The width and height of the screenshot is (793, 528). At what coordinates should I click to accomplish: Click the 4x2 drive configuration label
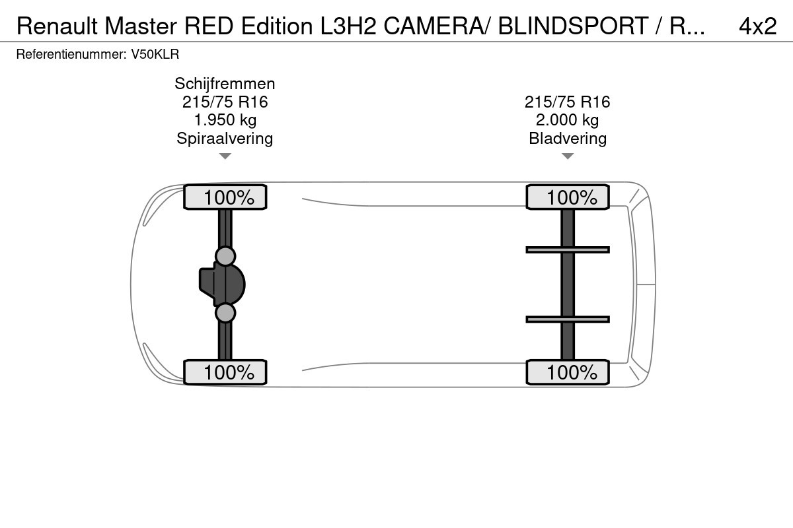click(757, 26)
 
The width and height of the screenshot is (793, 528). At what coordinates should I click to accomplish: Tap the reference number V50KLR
click(155, 55)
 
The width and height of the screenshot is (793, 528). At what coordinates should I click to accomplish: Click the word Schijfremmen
click(225, 84)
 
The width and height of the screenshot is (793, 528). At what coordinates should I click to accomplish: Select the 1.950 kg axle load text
click(225, 120)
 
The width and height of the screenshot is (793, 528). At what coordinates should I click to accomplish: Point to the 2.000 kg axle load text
click(567, 120)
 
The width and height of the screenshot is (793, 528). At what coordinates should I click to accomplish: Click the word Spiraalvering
click(225, 139)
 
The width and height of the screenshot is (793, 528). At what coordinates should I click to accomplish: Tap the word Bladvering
click(568, 139)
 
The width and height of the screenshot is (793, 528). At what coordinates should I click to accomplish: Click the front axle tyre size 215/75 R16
click(225, 102)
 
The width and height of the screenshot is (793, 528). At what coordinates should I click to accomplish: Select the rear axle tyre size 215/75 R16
click(567, 102)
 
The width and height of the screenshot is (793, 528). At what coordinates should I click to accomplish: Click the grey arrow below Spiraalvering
click(225, 156)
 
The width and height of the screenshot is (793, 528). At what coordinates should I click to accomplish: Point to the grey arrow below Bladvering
click(568, 156)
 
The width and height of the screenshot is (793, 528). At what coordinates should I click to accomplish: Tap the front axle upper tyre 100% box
click(225, 197)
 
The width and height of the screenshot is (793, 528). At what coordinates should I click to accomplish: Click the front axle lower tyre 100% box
click(225, 372)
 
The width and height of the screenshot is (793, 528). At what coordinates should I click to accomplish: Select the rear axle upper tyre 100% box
click(568, 197)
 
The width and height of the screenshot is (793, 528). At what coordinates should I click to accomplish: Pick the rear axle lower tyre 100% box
click(568, 372)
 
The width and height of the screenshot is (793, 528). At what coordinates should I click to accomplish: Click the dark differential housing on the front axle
click(222, 284)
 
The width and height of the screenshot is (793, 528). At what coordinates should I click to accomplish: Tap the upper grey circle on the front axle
click(225, 256)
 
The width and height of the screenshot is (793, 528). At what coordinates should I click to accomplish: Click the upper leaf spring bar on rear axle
click(568, 250)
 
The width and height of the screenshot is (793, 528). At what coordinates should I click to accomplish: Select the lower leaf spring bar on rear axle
click(568, 319)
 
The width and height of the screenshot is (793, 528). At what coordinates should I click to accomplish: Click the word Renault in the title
click(57, 26)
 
